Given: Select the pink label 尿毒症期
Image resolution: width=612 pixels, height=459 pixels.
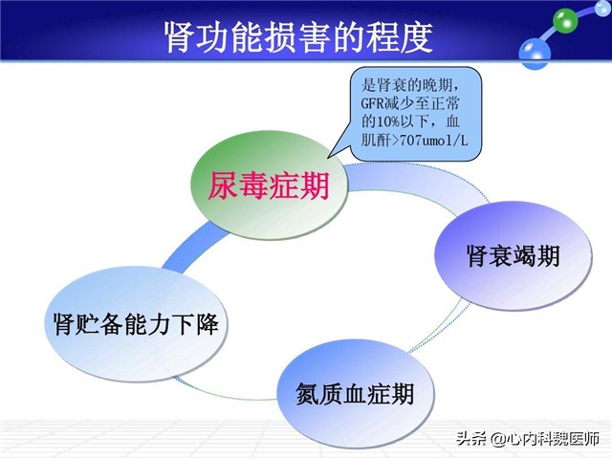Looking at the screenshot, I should pos(269,185).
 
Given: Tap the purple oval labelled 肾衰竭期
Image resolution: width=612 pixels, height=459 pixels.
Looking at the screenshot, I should pos(513,256).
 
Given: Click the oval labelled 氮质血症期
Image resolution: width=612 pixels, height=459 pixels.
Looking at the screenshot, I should pos(345,393).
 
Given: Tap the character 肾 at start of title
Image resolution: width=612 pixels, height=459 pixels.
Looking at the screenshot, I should pos(176,37).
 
